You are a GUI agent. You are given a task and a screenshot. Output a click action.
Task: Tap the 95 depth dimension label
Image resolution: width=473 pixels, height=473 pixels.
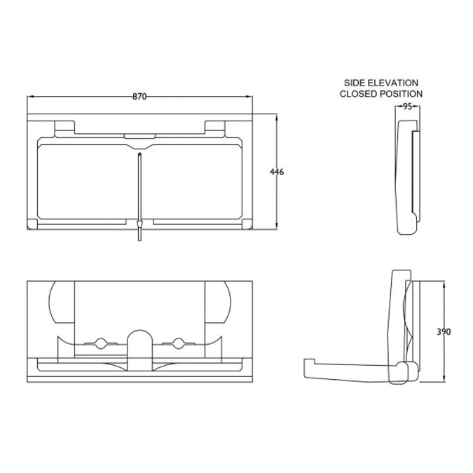[407, 107]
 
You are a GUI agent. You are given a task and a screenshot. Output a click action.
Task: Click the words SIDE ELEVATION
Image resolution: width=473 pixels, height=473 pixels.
[381, 82]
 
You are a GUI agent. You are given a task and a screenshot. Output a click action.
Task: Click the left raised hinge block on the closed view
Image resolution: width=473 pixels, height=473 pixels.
[64, 128]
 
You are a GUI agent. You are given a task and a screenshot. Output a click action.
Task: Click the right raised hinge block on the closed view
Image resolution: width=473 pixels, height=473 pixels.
[214, 128]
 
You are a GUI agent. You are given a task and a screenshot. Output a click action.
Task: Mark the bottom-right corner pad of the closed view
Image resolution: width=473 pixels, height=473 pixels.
[246, 224]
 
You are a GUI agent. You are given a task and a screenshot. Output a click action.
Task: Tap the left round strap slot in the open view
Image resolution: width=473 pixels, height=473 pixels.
[101, 343]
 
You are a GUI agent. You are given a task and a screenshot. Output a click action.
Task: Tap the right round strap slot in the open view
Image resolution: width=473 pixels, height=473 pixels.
[178, 343]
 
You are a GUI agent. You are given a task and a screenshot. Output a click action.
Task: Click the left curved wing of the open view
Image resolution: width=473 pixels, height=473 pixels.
[59, 302]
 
